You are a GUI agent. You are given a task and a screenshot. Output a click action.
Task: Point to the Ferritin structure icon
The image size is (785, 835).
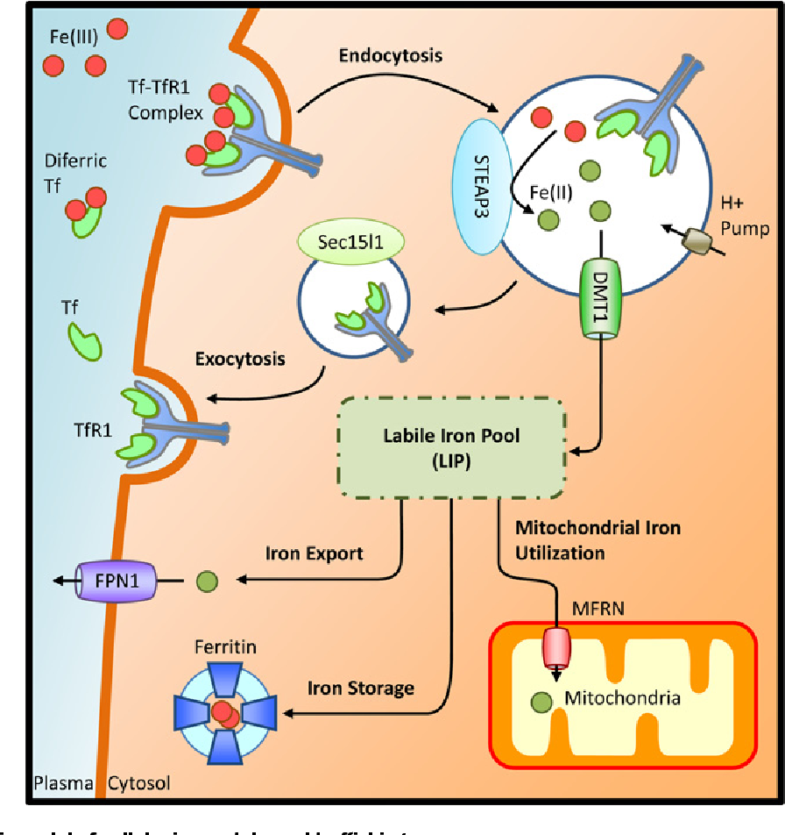point(223,712)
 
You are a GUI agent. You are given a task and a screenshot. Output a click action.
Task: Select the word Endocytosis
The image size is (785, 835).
point(391,56)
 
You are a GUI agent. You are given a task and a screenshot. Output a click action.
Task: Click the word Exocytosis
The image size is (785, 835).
point(239,360)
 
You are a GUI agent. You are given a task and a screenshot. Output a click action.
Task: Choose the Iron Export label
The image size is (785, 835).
point(314,554)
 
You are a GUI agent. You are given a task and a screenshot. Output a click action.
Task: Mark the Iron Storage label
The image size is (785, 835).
point(360,688)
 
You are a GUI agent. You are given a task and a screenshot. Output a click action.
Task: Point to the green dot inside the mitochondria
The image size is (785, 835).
point(543,702)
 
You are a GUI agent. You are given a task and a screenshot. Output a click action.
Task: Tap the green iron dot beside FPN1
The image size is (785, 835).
point(207,581)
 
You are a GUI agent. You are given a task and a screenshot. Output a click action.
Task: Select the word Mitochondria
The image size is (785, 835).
point(623,699)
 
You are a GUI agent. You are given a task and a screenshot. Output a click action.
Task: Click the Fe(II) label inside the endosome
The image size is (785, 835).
point(551,191)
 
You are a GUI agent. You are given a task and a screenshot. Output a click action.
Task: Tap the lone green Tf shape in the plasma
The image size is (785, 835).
point(86,339)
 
